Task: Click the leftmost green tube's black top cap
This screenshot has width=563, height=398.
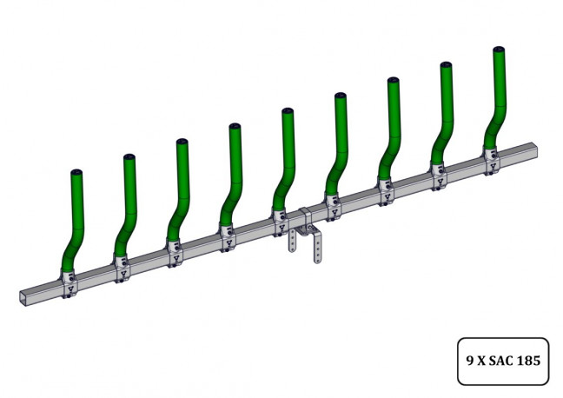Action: (76, 172)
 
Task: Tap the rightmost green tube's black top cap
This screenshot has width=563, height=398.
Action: (499, 49)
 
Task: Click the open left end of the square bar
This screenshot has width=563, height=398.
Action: (24, 298)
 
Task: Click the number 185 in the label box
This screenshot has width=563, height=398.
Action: (529, 361)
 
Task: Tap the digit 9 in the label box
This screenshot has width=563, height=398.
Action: (470, 361)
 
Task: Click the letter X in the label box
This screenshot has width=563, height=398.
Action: (481, 361)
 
